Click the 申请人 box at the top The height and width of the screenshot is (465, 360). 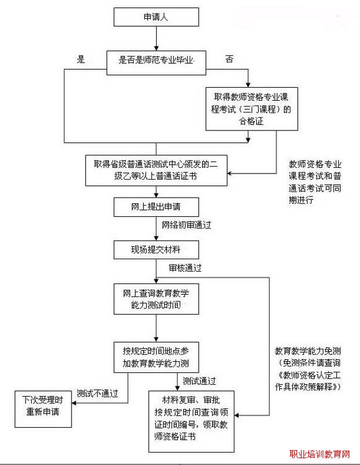[156, 17]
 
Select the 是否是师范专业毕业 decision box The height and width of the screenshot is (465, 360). [156, 60]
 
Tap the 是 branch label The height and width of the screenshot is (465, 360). [80, 60]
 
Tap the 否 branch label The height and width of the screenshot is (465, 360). [229, 60]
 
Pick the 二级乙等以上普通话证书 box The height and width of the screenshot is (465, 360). [156, 170]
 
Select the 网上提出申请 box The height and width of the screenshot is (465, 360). [156, 206]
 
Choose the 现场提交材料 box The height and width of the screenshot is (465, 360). [156, 250]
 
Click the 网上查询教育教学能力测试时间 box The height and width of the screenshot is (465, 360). [156, 300]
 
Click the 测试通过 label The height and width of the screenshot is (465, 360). [199, 380]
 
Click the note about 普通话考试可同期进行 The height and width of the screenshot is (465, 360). [315, 182]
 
